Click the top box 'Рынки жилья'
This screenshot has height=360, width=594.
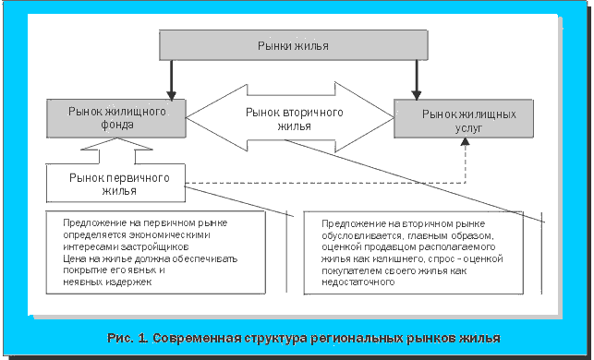[x=293, y=44]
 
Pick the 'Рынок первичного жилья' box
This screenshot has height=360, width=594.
[x=115, y=183]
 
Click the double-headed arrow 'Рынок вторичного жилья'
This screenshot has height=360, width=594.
[x=292, y=118]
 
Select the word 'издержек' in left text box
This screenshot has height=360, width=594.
[x=126, y=283]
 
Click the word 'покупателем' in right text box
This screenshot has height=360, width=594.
[x=354, y=271]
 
